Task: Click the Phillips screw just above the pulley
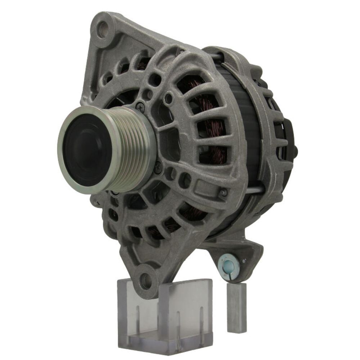[140, 106]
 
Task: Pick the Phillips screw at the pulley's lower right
[157, 166]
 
